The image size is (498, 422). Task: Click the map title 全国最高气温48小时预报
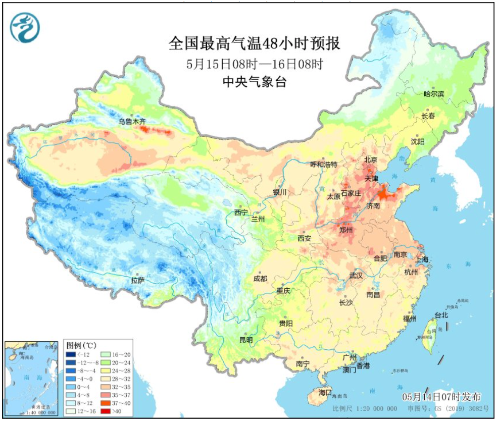point(254,43)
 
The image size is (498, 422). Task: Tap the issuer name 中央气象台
point(254,82)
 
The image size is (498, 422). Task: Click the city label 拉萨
point(138,280)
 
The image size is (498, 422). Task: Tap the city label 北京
point(371,160)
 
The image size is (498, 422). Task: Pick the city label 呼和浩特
point(323,165)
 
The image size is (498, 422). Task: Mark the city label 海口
point(325,392)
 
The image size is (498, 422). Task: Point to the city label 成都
point(261,278)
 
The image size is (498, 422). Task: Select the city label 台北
point(440,315)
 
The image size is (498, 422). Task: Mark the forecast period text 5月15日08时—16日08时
point(254,64)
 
